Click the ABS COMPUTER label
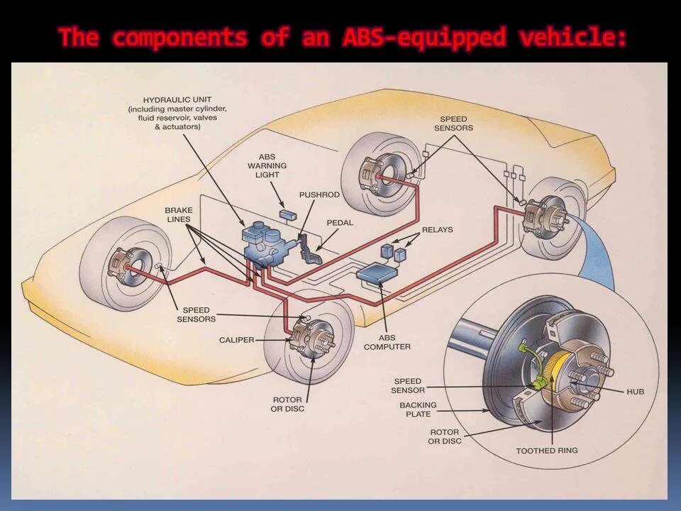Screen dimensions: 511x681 [387, 342]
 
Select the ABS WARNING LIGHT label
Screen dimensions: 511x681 [267, 165]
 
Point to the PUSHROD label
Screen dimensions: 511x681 [319, 194]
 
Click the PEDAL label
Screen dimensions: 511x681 [340, 223]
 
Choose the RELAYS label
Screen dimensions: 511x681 [437, 230]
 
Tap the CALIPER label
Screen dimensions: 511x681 [236, 341]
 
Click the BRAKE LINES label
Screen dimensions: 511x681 [178, 215]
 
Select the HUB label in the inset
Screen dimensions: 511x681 [635, 392]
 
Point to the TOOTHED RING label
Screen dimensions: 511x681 [546, 451]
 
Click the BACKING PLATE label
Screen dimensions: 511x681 [418, 410]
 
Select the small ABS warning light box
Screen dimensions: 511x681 [288, 214]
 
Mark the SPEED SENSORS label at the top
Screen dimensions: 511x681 [453, 123]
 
